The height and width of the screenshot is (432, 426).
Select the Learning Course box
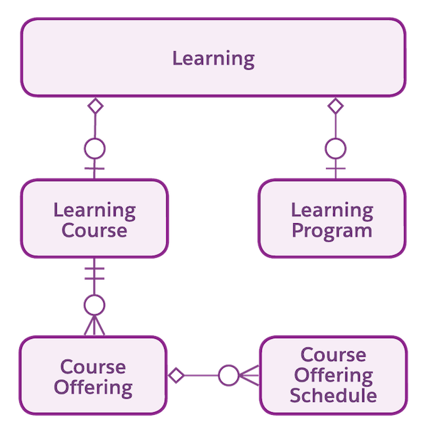click(x=94, y=219)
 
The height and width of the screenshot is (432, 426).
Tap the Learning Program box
click(x=332, y=219)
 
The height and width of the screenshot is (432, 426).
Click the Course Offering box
click(x=93, y=377)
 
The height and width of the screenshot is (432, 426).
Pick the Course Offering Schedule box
click(x=333, y=375)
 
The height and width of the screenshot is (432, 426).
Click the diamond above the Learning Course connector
click(x=94, y=106)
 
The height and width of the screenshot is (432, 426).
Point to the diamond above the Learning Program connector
click(x=335, y=106)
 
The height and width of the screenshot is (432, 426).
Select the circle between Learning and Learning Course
click(x=94, y=148)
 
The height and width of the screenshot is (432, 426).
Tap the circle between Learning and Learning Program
click(x=335, y=148)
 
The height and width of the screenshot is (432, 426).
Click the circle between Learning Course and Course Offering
click(x=94, y=306)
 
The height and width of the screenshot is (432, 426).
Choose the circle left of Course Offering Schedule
click(x=228, y=374)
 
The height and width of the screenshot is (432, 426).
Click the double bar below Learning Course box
click(x=94, y=272)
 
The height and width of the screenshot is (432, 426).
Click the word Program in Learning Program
click(x=332, y=231)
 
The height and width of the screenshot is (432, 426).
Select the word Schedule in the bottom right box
click(x=333, y=394)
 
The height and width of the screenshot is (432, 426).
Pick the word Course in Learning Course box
click(x=94, y=231)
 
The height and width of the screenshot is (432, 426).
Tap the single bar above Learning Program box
click(x=335, y=169)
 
